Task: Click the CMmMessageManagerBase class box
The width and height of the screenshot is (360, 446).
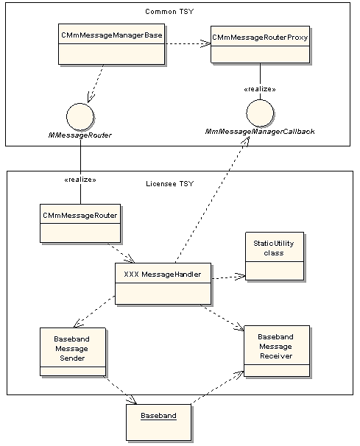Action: pos(112,44)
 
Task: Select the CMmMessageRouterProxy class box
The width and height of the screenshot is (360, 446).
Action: pos(260,44)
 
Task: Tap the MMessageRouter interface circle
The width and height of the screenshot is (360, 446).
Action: pos(80,117)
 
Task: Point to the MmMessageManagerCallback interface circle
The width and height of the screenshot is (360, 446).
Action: pos(260,113)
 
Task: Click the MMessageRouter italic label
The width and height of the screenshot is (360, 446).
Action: pos(80,135)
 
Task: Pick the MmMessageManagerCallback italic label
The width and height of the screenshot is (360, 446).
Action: pos(260,132)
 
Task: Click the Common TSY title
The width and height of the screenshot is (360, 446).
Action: pos(169,12)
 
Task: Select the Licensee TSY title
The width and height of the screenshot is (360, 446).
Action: pos(169,184)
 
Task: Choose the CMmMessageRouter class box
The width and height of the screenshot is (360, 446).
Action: pos(80,223)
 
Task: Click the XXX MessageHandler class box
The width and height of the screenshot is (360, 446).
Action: pos(163,283)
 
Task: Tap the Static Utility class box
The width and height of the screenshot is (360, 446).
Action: pos(275,256)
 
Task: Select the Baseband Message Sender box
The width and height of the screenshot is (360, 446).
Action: pos(73,352)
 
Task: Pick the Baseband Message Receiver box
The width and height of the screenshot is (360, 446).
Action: pos(277,351)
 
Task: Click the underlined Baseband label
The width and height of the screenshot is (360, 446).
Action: pos(158,416)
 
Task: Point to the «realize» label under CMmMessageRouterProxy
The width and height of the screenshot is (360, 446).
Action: pos(260,89)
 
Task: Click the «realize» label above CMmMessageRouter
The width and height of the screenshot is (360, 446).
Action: pos(80,180)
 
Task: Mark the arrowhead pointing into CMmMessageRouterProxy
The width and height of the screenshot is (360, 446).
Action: pos(206,44)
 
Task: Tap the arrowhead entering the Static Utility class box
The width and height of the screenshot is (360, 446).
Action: pos(241,276)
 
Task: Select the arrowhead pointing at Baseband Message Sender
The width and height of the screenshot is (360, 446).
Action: pos(78,324)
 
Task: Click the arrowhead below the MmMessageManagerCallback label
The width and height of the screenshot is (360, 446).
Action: pos(245,141)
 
